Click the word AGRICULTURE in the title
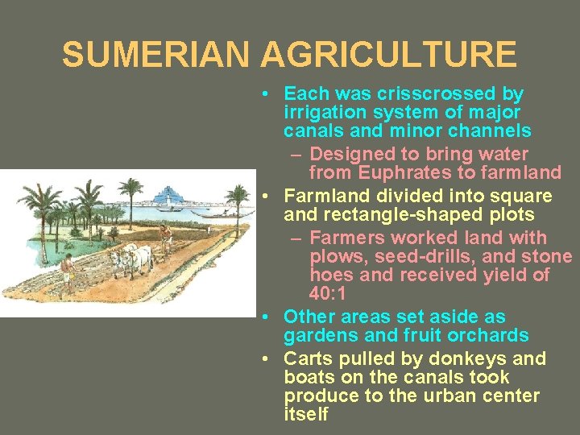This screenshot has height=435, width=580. (388, 55)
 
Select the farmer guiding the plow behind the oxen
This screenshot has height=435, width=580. (165, 238)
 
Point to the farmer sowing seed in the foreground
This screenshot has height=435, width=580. (69, 271)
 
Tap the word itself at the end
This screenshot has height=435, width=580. (307, 415)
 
